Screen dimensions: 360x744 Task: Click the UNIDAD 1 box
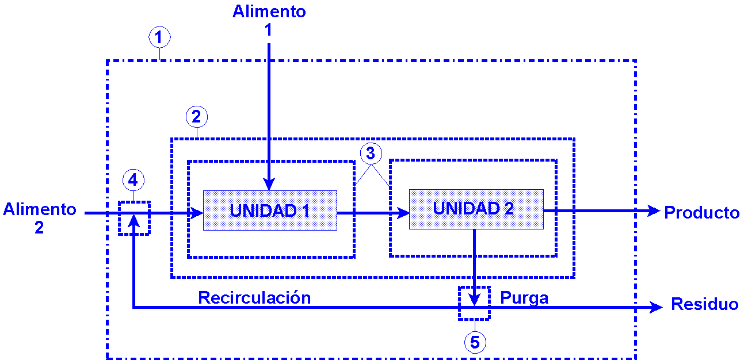click(270, 210)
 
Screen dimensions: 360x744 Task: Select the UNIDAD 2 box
click(476, 209)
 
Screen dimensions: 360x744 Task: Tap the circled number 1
click(159, 37)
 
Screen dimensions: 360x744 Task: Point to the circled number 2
click(196, 117)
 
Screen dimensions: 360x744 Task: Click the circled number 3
click(371, 154)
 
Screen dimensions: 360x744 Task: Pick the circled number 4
click(133, 180)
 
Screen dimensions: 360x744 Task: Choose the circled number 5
click(475, 342)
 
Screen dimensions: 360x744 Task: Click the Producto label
click(701, 213)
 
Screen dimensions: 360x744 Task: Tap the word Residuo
click(704, 304)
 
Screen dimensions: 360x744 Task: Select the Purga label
click(524, 298)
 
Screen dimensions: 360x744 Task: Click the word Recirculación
click(254, 297)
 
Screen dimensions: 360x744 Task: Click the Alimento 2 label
click(39, 218)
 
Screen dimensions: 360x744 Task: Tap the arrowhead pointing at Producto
click(653, 211)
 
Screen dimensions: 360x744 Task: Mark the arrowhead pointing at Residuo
click(657, 308)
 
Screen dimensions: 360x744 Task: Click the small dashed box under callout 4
click(134, 217)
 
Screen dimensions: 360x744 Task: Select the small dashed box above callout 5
click(475, 303)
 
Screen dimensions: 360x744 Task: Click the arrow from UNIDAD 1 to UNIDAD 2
click(372, 213)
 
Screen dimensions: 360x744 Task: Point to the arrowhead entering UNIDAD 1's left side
click(197, 213)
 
